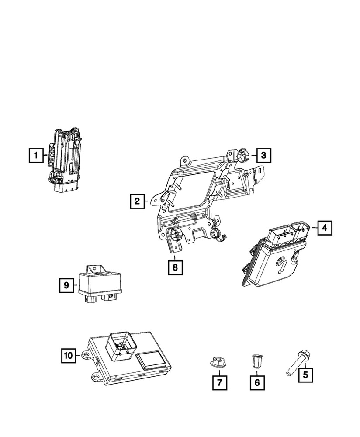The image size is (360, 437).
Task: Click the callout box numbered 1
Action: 37,155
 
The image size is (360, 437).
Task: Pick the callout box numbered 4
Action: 324,227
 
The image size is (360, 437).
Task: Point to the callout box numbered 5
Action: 306,374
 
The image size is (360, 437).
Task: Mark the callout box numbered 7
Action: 220,383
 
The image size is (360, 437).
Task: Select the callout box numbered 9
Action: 66,285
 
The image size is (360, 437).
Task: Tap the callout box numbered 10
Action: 68,356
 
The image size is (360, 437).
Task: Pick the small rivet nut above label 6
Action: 257,361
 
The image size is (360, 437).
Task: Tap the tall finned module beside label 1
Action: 66,158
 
